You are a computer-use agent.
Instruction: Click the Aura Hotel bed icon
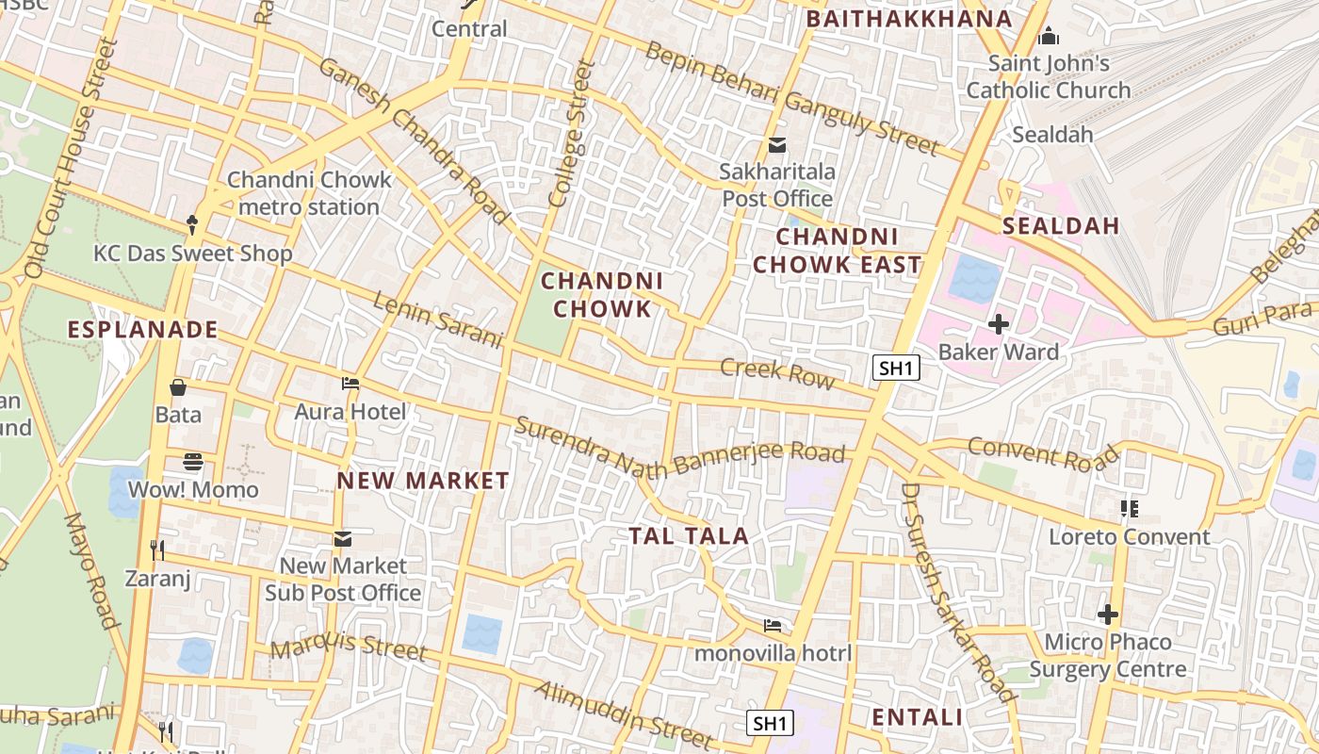350,384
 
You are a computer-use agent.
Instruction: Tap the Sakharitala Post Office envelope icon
777,145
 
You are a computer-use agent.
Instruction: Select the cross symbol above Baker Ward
998,324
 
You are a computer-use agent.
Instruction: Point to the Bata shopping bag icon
177,387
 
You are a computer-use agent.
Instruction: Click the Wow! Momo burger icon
193,462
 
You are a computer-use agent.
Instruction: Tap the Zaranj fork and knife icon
157,549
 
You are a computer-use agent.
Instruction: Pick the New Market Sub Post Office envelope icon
342,539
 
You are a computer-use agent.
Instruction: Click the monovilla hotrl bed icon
773,626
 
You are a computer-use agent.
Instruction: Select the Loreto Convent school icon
1130,509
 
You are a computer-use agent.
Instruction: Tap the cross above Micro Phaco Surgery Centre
1108,615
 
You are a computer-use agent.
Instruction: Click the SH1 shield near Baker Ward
895,368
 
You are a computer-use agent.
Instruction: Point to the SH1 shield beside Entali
770,723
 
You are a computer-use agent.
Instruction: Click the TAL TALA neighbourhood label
689,536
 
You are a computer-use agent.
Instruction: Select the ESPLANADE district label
143,330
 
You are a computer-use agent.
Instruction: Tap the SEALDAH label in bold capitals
1061,226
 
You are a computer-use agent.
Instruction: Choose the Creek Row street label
777,373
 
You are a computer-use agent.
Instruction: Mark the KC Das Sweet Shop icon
193,225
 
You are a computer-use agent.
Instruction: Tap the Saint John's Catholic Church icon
1048,38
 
